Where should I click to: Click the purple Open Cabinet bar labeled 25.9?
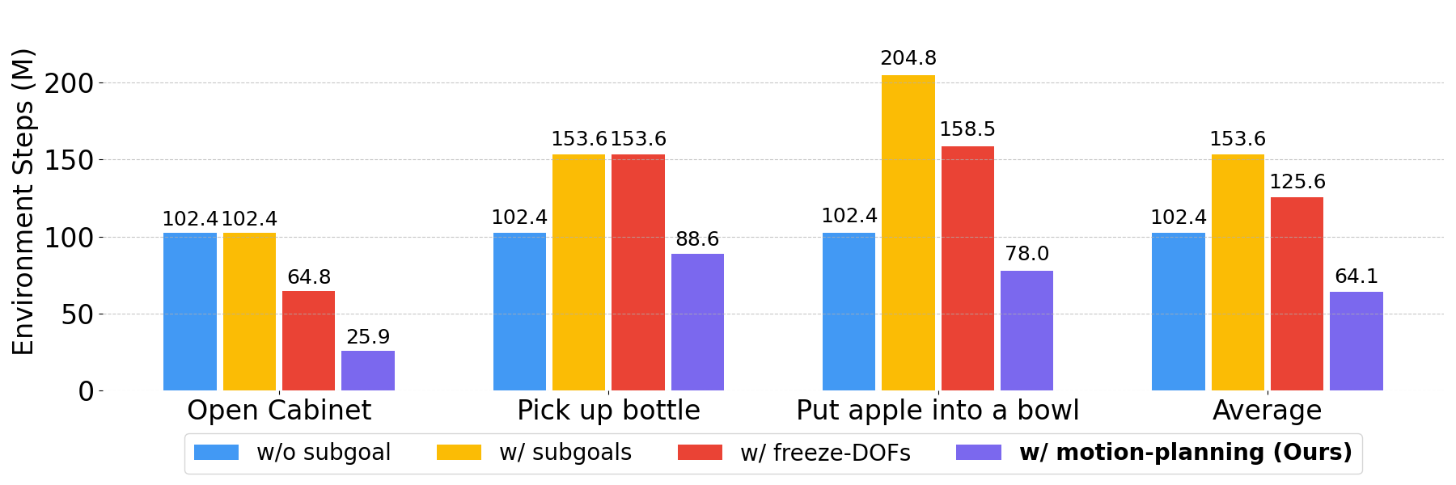pos(368,370)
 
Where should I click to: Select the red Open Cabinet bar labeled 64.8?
pos(308,340)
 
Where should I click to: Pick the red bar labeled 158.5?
pos(967,268)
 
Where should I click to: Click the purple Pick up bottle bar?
pos(697,322)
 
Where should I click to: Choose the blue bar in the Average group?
pos(1178,311)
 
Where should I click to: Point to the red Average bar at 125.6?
pos(1297,293)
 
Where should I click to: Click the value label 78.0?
pos(1026,254)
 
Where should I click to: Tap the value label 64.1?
pos(1356,276)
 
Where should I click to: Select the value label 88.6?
pos(697,239)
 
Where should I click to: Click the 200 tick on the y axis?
pos(70,83)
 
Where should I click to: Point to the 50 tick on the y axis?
pos(78,314)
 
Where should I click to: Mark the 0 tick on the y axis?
pos(86,391)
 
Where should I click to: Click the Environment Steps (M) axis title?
pos(23,201)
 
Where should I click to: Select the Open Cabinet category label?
pos(279,411)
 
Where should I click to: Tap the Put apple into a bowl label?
pos(938,411)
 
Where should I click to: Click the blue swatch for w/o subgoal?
pos(217,453)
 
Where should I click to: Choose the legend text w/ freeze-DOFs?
pos(825,453)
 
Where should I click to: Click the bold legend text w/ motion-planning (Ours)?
pos(1186,453)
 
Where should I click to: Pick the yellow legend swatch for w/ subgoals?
pos(459,453)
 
